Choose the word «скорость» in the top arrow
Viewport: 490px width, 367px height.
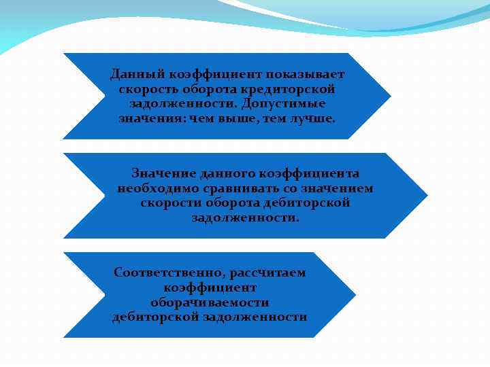click(144, 89)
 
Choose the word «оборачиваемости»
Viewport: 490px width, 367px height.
click(210, 302)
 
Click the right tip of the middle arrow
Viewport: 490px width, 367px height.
click(426, 195)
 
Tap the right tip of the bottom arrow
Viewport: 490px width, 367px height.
click(354, 294)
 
